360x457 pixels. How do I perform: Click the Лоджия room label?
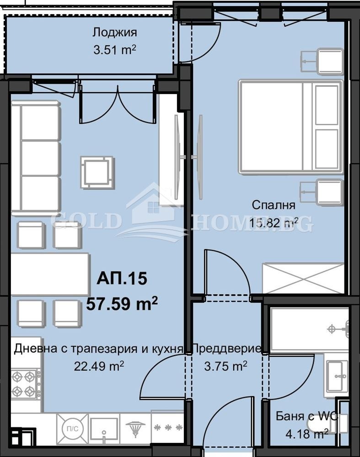pyautogui.click(x=114, y=32)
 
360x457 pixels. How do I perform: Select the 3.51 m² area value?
pyautogui.click(x=114, y=49)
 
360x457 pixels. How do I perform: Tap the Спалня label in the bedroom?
pyautogui.click(x=273, y=205)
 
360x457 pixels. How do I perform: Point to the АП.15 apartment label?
pyautogui.click(x=122, y=279)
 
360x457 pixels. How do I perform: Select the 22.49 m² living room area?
pyautogui.click(x=99, y=366)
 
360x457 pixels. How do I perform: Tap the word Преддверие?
pyautogui.click(x=226, y=349)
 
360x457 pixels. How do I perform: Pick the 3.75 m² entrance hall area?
pyautogui.click(x=226, y=366)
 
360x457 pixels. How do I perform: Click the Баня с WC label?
pyautogui.click(x=302, y=416)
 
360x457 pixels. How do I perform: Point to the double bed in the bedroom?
pyautogui.click(x=290, y=127)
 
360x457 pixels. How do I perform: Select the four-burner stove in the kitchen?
pyautogui.click(x=24, y=384)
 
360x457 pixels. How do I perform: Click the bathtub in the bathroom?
pyautogui.click(x=309, y=329)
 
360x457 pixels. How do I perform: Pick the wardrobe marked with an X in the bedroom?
pyautogui.click(x=302, y=278)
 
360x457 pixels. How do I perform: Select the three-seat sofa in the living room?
pyautogui.click(x=36, y=158)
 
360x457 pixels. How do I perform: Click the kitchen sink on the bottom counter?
pyautogui.click(x=104, y=429)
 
